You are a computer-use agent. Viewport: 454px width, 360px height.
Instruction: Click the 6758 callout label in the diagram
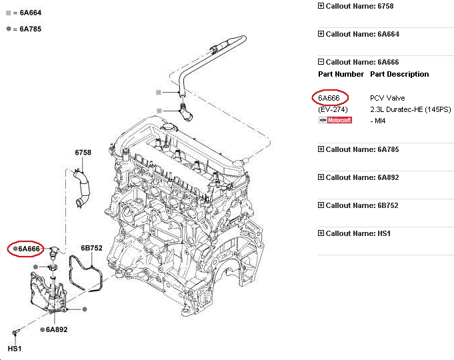(x=83, y=153)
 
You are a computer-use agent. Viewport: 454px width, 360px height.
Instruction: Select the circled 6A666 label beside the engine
(x=30, y=249)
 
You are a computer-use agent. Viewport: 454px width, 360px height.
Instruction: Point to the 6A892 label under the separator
(x=57, y=329)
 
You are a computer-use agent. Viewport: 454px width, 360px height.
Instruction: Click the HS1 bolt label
(x=13, y=348)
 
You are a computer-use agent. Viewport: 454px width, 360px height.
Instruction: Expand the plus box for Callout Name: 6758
(x=321, y=6)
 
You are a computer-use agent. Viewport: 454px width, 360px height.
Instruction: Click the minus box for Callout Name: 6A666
(x=321, y=62)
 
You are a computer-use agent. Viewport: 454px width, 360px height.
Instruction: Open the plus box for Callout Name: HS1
(x=321, y=233)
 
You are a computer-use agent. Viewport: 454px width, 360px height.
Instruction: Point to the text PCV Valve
(x=387, y=98)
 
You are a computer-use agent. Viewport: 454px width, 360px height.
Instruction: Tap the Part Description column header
(x=399, y=74)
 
